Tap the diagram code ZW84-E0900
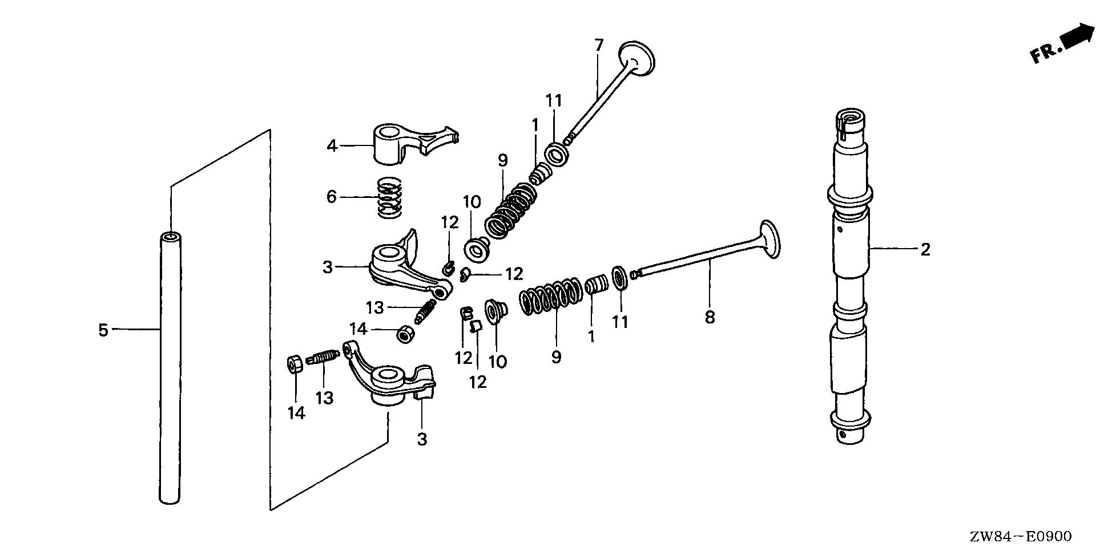coord(1020,536)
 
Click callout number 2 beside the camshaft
coord(925,249)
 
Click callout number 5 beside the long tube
coord(103,330)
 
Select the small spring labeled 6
coord(389,197)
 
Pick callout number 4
coord(332,145)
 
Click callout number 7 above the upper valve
coord(598,45)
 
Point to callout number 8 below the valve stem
coord(710,317)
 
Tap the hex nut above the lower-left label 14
coord(295,363)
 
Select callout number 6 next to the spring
coord(332,197)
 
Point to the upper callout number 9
coord(502,161)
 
